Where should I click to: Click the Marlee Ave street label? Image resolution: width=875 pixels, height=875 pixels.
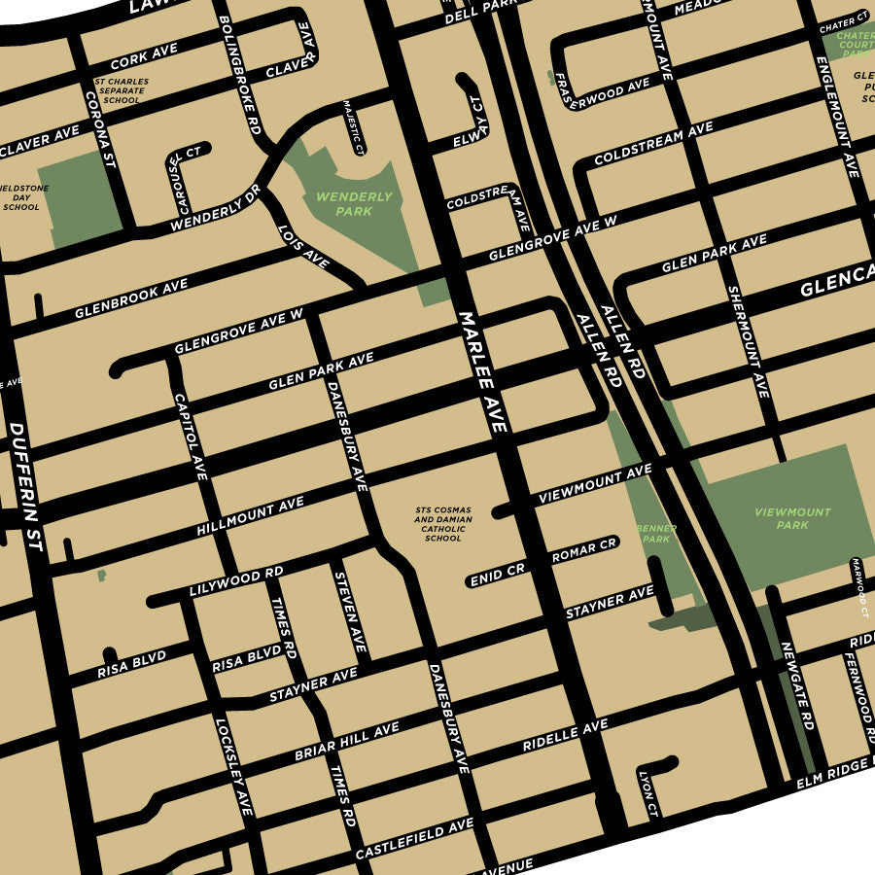coord(483,371)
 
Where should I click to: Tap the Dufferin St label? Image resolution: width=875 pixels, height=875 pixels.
coord(26,486)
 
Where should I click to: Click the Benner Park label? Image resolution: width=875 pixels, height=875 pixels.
coord(656,533)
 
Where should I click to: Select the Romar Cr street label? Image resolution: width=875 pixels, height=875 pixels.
coord(583,550)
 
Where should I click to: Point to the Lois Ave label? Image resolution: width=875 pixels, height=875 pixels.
coord(303,247)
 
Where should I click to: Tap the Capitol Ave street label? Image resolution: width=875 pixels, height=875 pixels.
coord(190,436)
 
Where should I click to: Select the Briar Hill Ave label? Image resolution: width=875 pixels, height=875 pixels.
coord(347,743)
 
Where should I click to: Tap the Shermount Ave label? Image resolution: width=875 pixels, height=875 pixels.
coord(748,341)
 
